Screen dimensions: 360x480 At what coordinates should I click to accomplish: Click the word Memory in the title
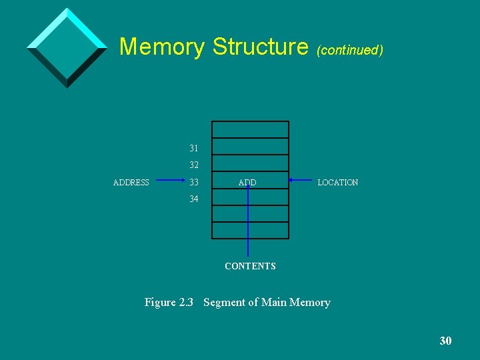162,47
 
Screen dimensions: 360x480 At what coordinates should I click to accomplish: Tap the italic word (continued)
350,50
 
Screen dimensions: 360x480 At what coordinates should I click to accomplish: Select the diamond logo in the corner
67,47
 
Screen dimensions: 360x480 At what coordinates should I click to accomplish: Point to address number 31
194,147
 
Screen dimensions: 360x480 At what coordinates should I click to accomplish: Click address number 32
194,165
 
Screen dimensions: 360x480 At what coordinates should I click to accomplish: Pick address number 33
194,182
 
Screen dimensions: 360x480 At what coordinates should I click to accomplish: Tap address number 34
194,199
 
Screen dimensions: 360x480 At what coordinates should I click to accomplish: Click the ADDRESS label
131,183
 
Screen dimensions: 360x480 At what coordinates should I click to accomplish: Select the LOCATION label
338,183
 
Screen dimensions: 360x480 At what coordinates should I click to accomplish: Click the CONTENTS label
250,266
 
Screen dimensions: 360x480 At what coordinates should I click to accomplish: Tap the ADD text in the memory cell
247,183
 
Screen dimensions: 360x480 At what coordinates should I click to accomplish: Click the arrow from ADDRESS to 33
168,179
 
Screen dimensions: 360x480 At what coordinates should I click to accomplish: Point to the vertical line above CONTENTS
248,227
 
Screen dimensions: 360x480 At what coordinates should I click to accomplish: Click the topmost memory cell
250,129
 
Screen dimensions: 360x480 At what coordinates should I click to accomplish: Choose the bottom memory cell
250,230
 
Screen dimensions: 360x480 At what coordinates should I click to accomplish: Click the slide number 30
445,341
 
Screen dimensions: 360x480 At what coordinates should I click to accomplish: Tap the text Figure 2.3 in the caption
169,303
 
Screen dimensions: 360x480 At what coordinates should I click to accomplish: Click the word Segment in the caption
223,303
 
